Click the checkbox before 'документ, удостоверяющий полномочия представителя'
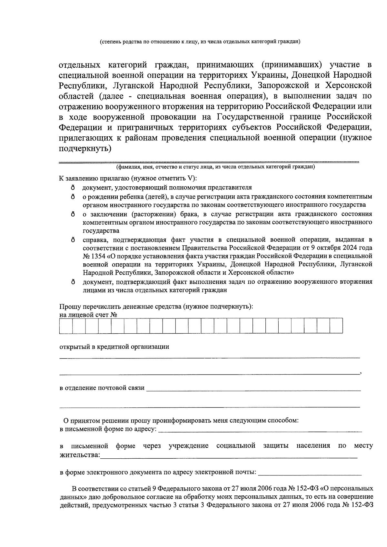(73, 188)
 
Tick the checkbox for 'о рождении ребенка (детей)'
(73, 196)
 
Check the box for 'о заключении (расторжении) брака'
(73, 214)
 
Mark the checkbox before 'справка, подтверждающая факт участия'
(73, 240)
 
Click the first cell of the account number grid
(66, 326)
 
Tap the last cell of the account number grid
(336, 326)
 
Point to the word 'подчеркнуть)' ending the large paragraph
(85, 149)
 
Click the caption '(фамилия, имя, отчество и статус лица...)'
(216, 167)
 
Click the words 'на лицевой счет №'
(88, 315)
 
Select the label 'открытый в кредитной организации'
(114, 347)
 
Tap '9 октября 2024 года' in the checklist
(345, 248)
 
